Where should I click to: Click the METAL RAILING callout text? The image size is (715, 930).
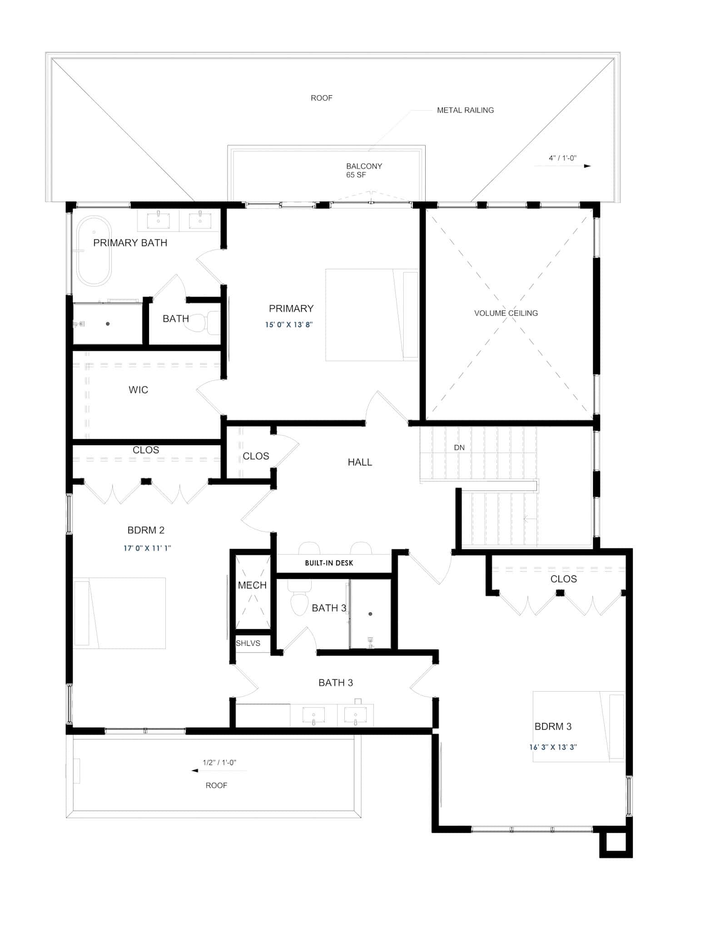[x=465, y=110]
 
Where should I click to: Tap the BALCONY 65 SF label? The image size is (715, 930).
[x=363, y=170]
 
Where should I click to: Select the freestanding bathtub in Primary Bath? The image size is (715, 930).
[x=94, y=251]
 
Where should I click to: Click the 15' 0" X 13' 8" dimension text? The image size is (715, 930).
[x=289, y=325]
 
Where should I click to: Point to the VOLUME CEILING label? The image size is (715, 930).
[x=506, y=313]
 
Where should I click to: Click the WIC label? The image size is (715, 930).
[x=138, y=390]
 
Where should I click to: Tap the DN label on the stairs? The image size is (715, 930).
[x=459, y=448]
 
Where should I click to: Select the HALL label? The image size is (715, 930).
[x=360, y=462]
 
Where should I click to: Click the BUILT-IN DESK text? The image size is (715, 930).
[x=329, y=563]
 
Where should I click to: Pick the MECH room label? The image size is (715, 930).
[x=252, y=585]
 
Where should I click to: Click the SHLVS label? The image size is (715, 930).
[x=248, y=643]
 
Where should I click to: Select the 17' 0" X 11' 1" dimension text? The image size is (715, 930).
[x=147, y=548]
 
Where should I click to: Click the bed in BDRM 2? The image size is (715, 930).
[x=119, y=613]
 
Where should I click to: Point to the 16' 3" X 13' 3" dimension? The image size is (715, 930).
[x=553, y=747]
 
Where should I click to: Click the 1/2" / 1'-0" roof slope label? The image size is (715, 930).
[x=219, y=762]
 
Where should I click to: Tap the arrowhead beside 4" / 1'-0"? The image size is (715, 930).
[x=587, y=166]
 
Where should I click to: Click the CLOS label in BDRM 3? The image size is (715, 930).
[x=563, y=579]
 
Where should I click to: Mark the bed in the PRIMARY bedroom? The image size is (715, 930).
[x=372, y=315]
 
